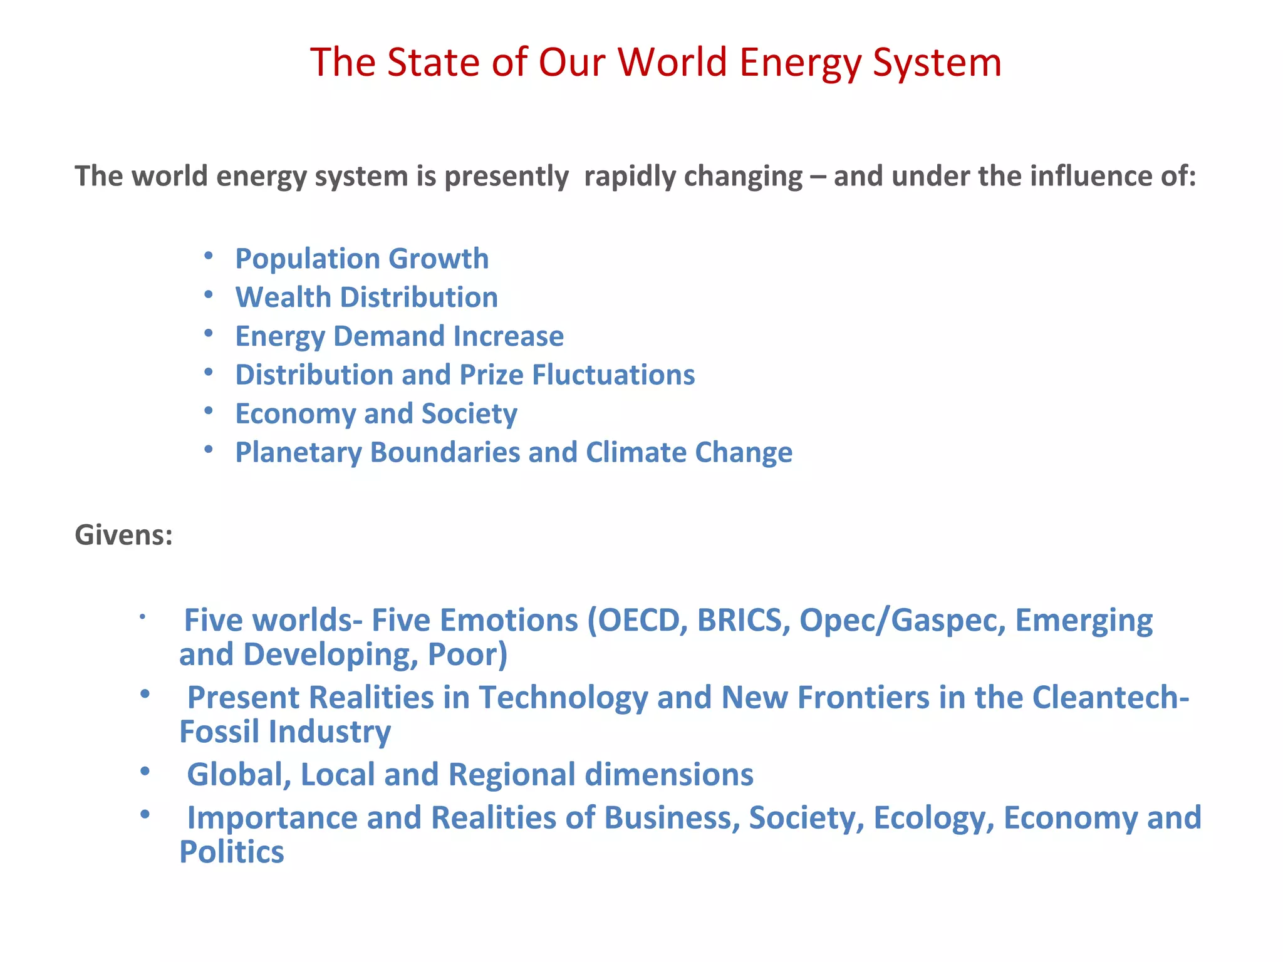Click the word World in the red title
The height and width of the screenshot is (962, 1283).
coord(672,63)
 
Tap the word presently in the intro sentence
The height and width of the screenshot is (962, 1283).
coord(506,177)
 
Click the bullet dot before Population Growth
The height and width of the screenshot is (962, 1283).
coord(209,256)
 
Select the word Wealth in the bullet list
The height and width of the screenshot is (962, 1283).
coord(283,297)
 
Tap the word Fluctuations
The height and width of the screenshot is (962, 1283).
coord(613,375)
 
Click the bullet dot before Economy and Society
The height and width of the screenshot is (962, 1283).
coord(209,411)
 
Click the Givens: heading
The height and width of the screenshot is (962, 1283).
coord(123,535)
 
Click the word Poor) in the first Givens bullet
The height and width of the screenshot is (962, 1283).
coord(467,655)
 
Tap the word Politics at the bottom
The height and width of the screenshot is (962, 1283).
coord(232,852)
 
